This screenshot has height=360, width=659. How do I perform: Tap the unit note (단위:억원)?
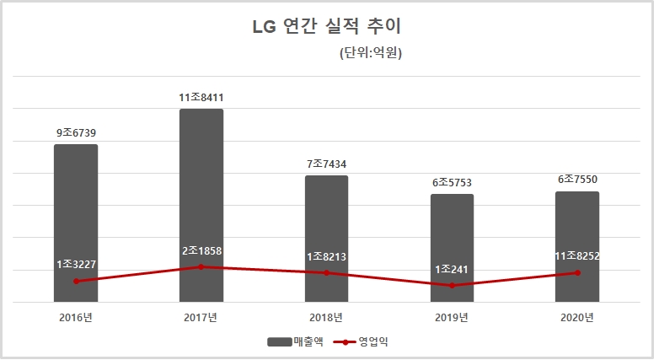[371, 54]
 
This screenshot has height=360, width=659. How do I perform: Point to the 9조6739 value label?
[77, 132]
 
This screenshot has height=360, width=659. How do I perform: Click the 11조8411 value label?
[201, 98]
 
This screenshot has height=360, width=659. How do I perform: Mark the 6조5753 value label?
[452, 182]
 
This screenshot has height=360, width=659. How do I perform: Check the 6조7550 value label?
[577, 179]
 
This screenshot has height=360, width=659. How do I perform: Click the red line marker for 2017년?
[201, 266]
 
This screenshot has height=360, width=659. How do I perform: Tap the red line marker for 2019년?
[452, 286]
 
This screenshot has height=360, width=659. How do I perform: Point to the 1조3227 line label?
[77, 265]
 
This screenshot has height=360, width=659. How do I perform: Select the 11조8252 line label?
[577, 255]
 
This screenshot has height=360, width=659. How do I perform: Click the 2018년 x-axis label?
[326, 318]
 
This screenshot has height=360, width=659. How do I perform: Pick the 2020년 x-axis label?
[577, 318]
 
